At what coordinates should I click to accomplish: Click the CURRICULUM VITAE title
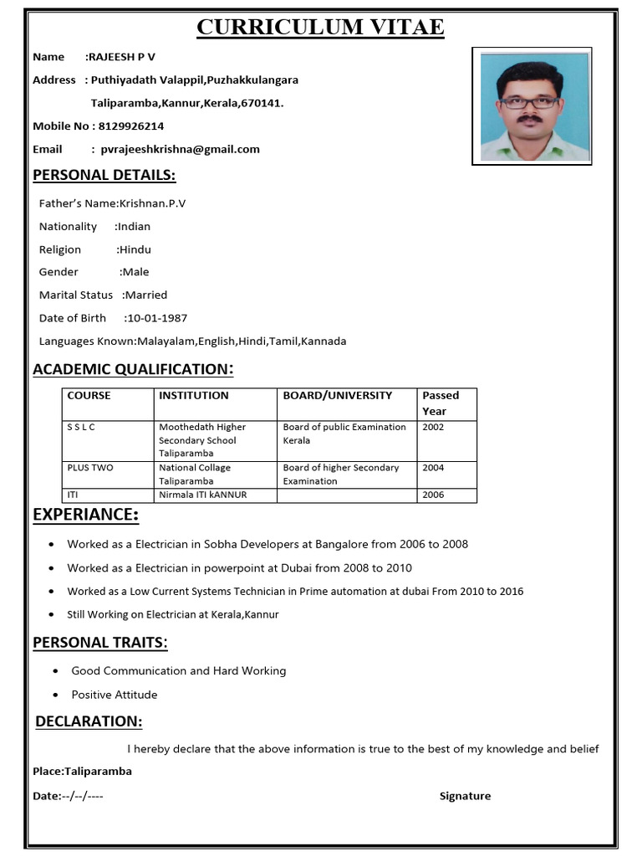320,28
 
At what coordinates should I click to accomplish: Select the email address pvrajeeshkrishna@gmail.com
180,150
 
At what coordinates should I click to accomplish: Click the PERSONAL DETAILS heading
104,175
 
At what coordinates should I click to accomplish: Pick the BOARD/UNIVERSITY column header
337,396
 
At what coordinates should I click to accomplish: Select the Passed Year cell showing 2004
433,468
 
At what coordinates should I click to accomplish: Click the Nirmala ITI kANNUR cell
202,495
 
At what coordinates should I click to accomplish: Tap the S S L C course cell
81,427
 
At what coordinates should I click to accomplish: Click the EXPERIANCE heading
85,515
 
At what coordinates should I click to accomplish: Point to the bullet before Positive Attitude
55,695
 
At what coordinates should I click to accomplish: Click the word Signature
465,797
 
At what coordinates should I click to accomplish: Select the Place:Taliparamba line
82,772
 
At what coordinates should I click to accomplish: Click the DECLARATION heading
89,721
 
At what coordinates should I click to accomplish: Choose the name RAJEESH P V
121,57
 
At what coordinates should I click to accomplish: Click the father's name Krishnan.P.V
152,203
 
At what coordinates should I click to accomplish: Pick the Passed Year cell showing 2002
433,427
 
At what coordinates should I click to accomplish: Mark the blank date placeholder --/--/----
83,797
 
